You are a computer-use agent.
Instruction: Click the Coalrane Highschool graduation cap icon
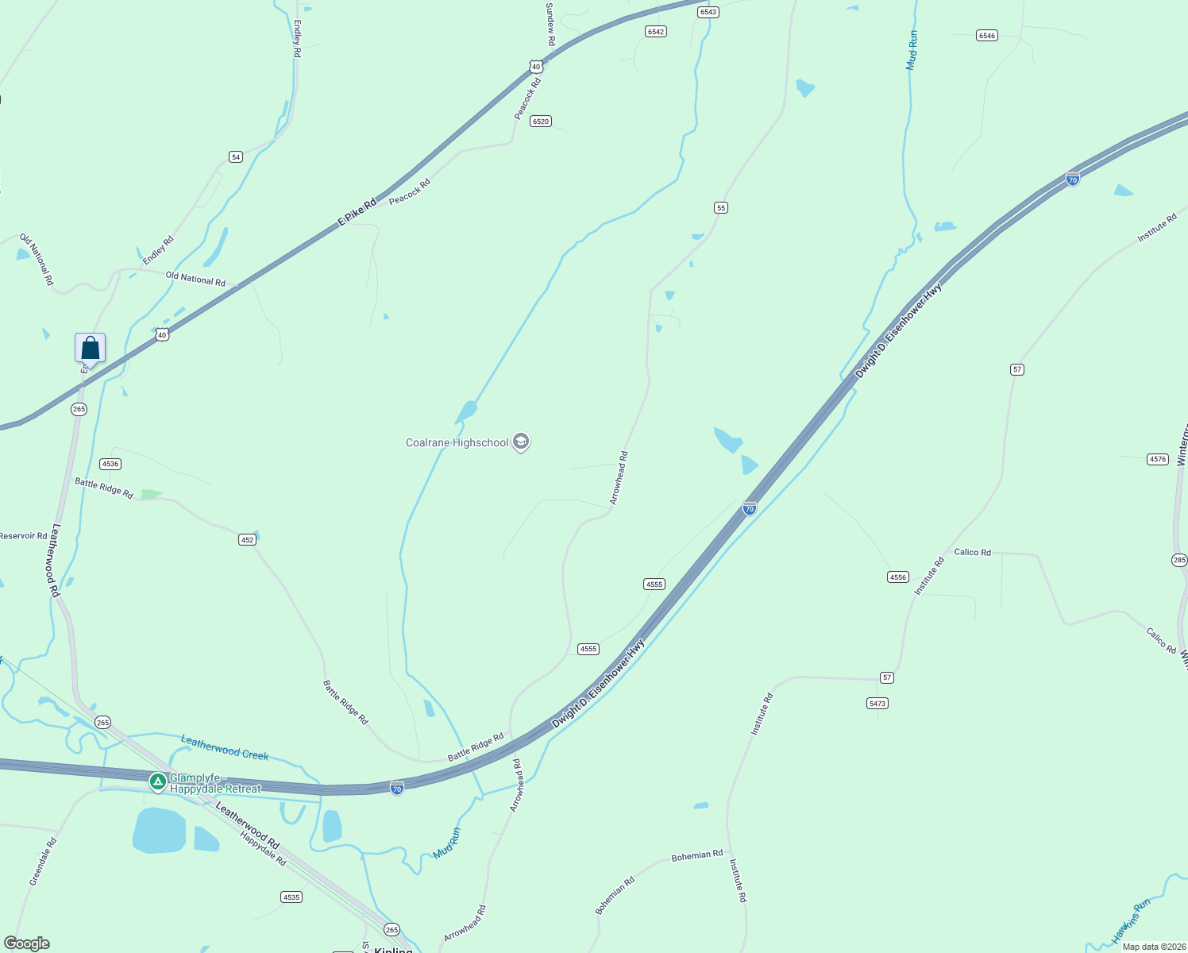point(521,442)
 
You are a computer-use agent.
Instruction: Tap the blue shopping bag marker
point(90,348)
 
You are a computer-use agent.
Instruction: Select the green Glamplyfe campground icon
point(158,782)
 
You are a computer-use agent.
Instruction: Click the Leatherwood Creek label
point(225,747)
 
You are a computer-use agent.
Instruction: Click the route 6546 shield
point(987,36)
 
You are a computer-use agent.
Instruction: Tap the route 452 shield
point(247,540)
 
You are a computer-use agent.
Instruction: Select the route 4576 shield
point(1158,459)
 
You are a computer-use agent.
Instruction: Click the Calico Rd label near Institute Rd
point(972,552)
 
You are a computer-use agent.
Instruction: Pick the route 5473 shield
point(877,704)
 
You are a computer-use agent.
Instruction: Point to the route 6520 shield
point(541,122)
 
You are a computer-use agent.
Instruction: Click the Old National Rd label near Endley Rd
point(195,280)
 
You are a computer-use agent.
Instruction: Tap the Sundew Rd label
point(550,23)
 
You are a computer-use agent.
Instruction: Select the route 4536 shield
point(110,464)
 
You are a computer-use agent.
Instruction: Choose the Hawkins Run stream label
point(1131,921)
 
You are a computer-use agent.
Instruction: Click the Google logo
point(27,943)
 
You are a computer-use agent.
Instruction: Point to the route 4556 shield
point(898,577)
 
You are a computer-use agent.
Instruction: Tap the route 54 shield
point(236,157)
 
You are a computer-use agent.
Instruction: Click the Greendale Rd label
point(43,862)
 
